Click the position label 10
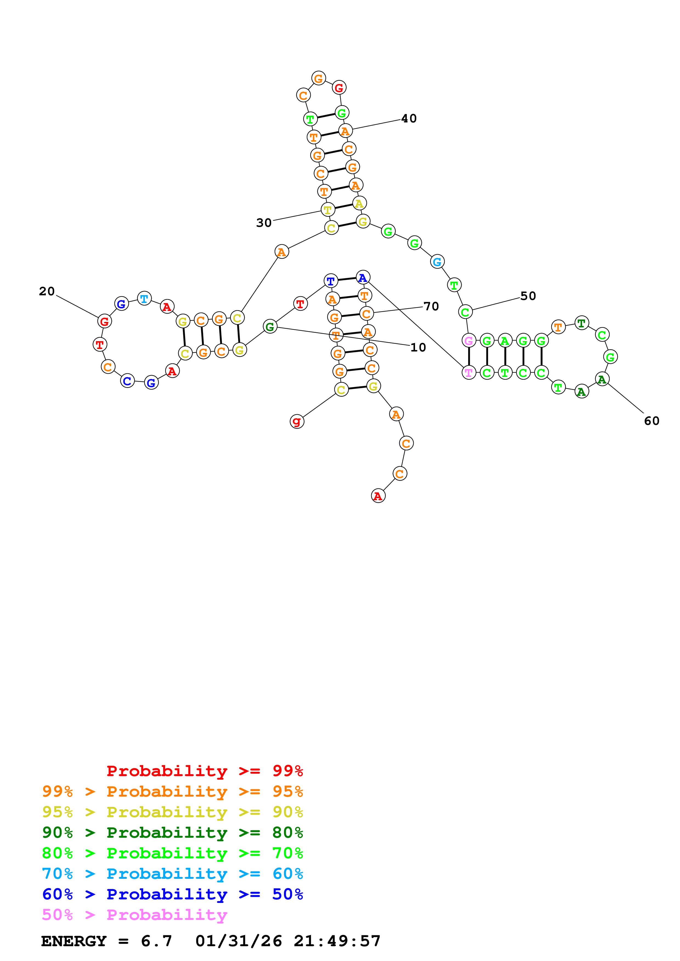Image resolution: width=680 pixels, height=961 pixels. click(418, 347)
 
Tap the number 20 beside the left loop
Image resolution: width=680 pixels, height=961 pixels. click(47, 291)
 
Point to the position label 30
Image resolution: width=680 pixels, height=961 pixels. click(264, 223)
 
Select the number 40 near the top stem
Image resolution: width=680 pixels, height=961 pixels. click(409, 118)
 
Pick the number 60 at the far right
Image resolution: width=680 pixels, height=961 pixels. click(651, 421)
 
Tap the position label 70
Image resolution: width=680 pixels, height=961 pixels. click(431, 306)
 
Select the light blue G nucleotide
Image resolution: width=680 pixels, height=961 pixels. click(437, 262)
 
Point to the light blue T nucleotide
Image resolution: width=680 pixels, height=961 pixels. click(144, 298)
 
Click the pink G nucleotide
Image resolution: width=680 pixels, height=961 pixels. click(469, 341)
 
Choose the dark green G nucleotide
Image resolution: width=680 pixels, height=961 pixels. click(270, 327)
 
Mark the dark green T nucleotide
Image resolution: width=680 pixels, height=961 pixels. click(581, 323)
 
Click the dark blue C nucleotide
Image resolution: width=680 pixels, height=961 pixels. click(127, 381)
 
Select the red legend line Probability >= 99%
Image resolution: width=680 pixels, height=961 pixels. click(204, 771)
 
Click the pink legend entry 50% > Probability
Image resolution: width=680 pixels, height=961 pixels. click(134, 914)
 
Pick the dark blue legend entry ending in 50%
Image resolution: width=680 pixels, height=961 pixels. click(172, 894)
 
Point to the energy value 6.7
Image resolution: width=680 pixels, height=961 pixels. click(156, 941)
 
